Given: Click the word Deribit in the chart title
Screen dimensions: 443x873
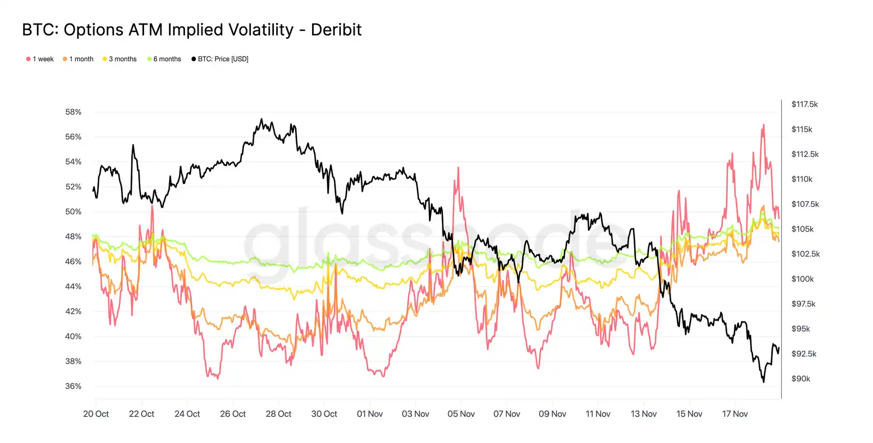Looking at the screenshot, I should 336,30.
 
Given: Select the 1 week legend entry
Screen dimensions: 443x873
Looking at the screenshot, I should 40,59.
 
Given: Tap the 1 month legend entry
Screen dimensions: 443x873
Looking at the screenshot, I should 78,59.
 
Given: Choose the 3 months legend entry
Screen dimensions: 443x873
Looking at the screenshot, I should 119,59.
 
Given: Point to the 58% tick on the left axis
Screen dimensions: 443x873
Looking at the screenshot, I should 73,112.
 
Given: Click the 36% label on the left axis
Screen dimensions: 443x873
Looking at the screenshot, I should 73,386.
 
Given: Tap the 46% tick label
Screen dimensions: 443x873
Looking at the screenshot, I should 73,262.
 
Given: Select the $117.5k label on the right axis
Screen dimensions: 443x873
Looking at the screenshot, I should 804,105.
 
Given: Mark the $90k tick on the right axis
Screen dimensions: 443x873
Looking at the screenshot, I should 800,379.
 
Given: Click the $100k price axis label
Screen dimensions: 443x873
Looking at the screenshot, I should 802,279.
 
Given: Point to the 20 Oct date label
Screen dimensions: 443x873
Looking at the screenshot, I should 96,414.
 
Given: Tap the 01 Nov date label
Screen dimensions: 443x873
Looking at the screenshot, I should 370,414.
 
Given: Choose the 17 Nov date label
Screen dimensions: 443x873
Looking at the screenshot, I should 734,414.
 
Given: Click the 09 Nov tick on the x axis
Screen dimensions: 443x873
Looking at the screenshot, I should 552,414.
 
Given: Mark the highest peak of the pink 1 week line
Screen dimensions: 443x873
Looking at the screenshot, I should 763,125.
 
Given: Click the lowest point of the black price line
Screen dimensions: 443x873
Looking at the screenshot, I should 763,381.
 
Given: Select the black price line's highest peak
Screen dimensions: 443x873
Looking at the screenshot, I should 261,119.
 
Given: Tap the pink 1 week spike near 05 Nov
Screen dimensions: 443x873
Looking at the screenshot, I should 458,168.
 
